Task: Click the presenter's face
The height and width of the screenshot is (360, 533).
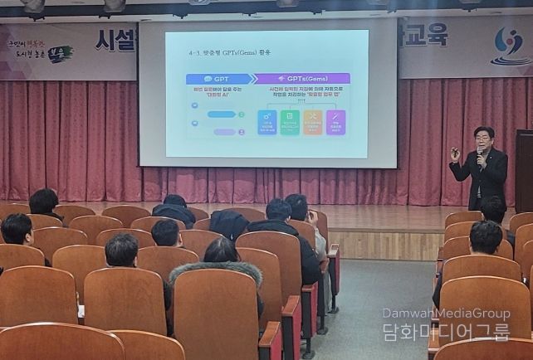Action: (x=483, y=137)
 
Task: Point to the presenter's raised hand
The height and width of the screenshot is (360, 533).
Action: (x=454, y=153)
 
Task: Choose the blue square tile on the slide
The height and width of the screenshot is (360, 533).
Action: (x=266, y=122)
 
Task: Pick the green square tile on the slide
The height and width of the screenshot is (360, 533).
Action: (x=290, y=122)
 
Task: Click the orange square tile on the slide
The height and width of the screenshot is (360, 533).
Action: (x=313, y=122)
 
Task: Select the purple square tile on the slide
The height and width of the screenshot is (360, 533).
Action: (x=336, y=122)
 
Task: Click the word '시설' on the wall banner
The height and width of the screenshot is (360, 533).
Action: (x=114, y=40)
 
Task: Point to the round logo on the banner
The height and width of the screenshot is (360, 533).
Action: (x=508, y=44)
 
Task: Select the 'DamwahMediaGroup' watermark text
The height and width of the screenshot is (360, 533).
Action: (x=446, y=314)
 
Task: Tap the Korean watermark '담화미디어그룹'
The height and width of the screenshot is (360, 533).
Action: (x=446, y=332)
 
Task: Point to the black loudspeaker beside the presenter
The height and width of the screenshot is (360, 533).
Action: (x=524, y=170)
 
